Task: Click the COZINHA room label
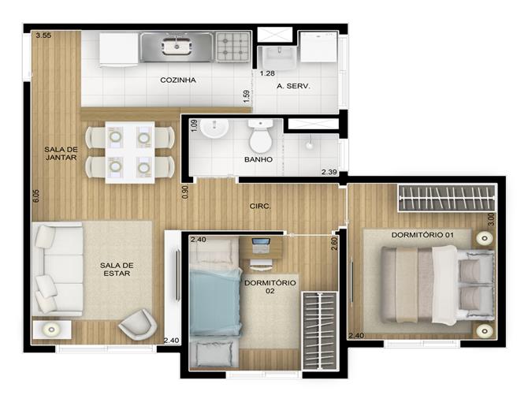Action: pyautogui.click(x=178, y=80)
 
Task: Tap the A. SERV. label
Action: pyautogui.click(x=293, y=86)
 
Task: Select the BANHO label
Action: pyautogui.click(x=258, y=159)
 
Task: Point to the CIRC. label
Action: pyautogui.click(x=260, y=206)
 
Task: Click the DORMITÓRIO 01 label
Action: pyautogui.click(x=422, y=235)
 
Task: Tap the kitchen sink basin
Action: pyautogui.click(x=177, y=47)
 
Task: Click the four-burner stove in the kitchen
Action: pyautogui.click(x=233, y=47)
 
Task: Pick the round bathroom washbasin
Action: pyautogui.click(x=214, y=129)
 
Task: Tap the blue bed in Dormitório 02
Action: pyautogui.click(x=215, y=302)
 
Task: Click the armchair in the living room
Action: pyautogui.click(x=138, y=324)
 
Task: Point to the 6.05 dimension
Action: pyautogui.click(x=36, y=196)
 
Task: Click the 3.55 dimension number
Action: pyautogui.click(x=43, y=35)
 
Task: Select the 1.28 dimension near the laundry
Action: pyautogui.click(x=267, y=73)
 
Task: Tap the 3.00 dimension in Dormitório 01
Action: pyautogui.click(x=491, y=219)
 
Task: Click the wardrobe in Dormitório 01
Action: pyautogui.click(x=447, y=198)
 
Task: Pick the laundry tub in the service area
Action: pyautogui.click(x=278, y=58)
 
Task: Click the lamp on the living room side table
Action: pyautogui.click(x=51, y=330)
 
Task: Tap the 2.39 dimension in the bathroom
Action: pyautogui.click(x=329, y=172)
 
